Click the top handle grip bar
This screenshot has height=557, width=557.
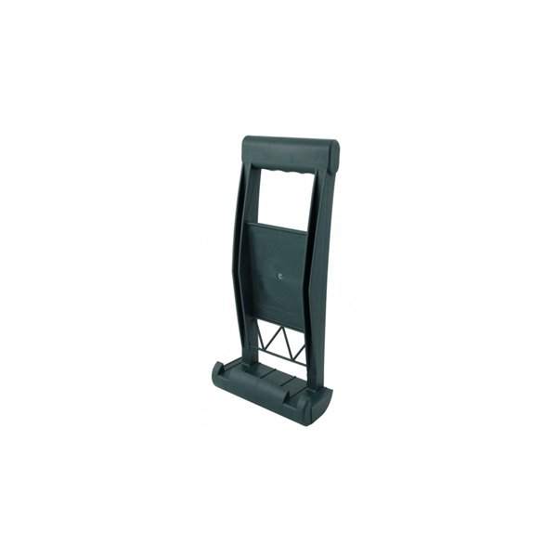click(290, 152)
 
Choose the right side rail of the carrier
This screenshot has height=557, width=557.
click(316, 278)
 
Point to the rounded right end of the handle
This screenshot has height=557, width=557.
click(333, 153)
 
